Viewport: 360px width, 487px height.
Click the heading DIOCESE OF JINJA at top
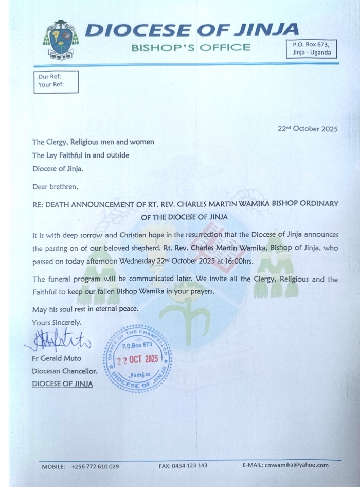[x=191, y=30]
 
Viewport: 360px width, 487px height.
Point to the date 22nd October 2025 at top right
[x=307, y=129]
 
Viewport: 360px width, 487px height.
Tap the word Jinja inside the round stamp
[x=138, y=374]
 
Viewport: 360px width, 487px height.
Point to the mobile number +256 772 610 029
[x=95, y=466]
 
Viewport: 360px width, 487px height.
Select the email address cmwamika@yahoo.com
[x=296, y=466]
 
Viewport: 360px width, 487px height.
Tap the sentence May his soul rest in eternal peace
[x=85, y=309]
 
